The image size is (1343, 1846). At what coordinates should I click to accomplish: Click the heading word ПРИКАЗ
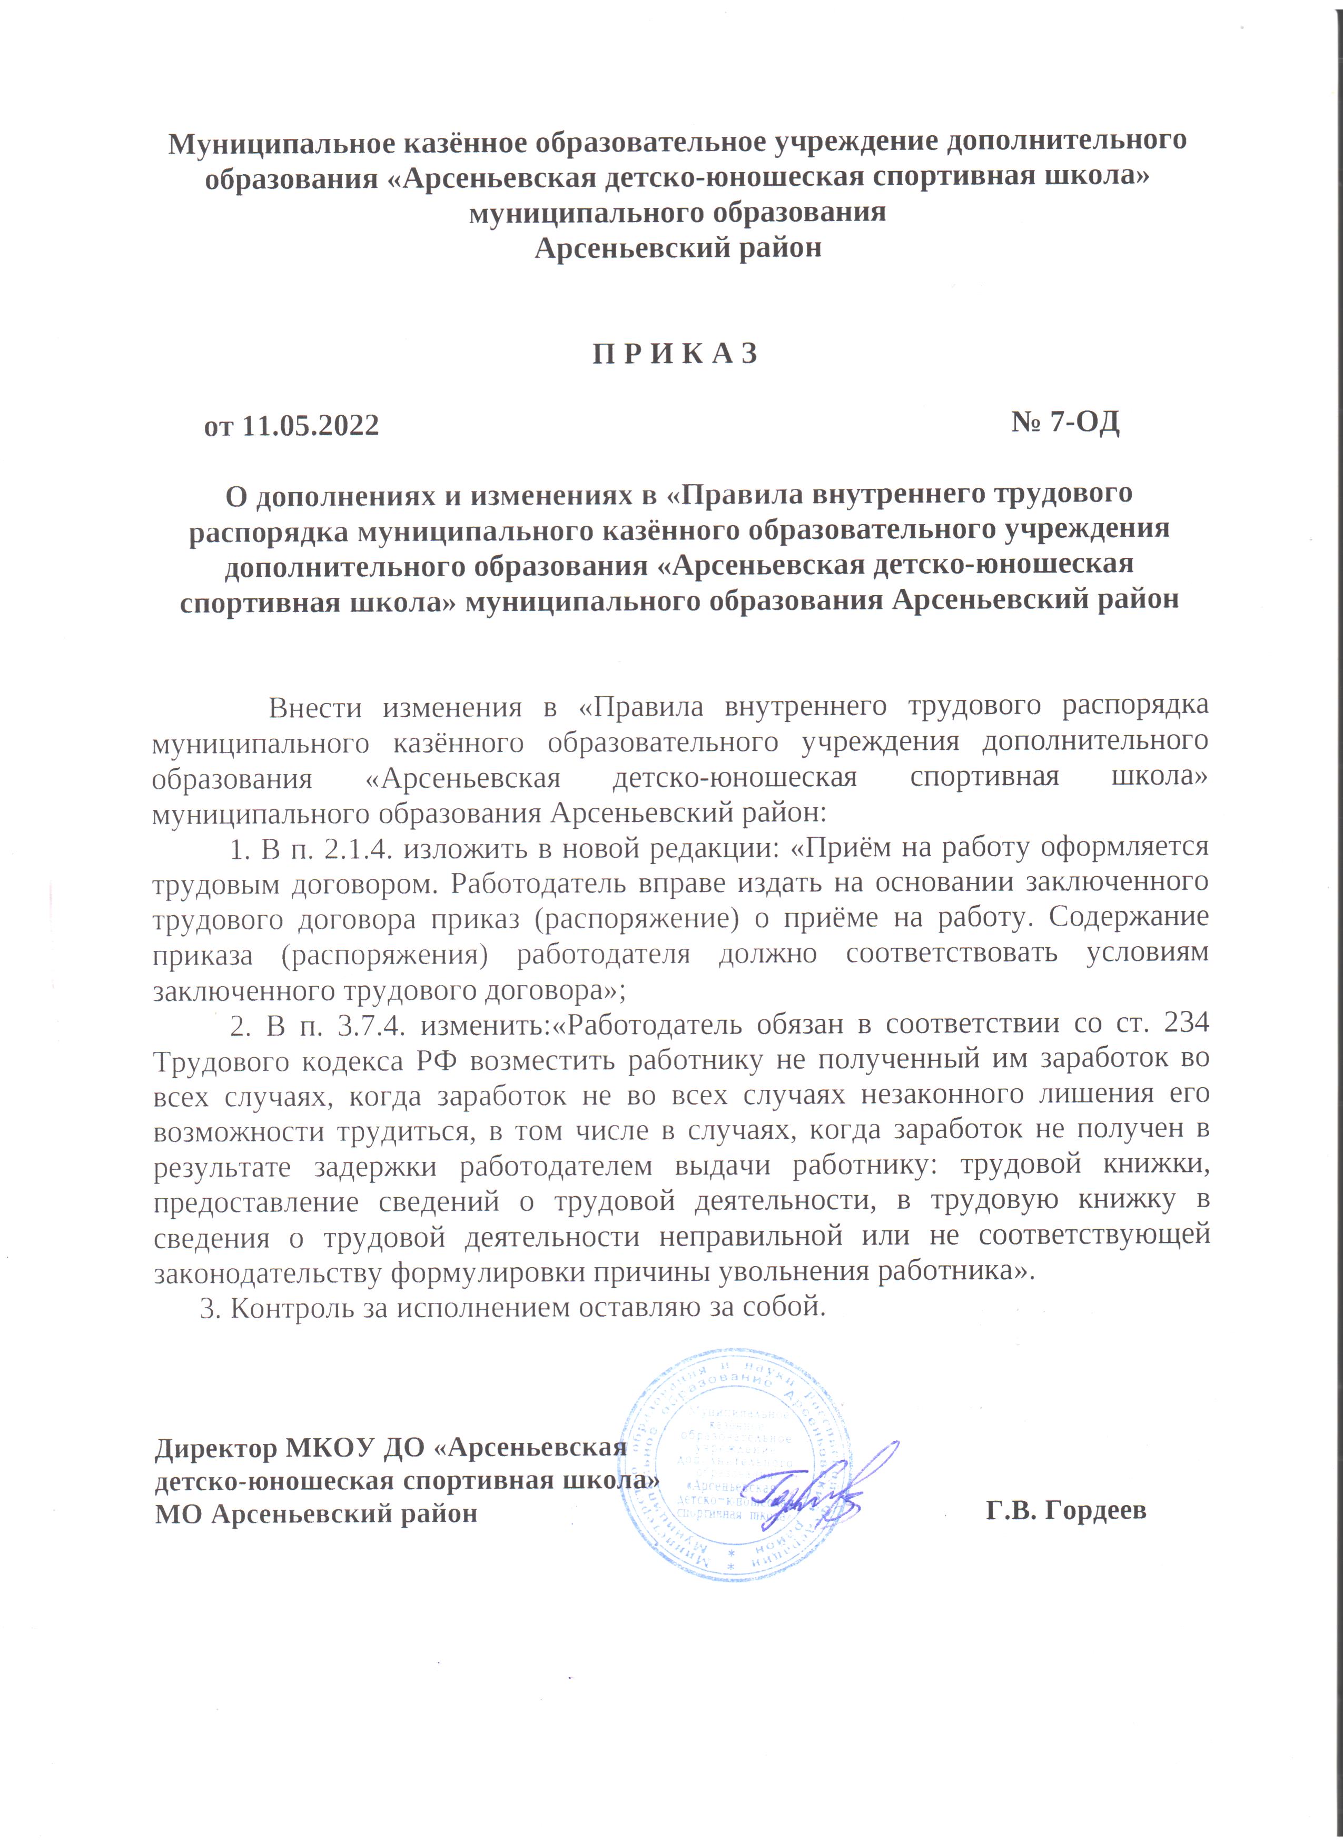tap(675, 354)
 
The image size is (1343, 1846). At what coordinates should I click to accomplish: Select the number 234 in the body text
tap(1186, 1024)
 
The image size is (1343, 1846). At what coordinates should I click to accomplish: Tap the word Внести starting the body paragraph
tap(314, 707)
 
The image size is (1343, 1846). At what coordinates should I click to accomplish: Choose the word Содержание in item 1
tap(1128, 917)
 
